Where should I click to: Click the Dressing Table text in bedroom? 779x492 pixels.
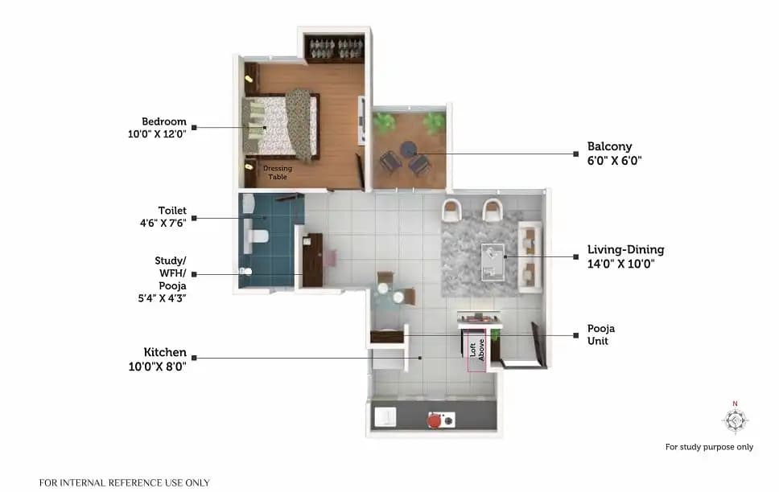coord(278,172)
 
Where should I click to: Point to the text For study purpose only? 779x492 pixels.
coord(709,447)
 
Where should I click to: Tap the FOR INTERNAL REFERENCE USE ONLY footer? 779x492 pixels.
coord(125,482)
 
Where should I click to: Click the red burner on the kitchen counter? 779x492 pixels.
coord(435,419)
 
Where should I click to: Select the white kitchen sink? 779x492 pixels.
coord(388,416)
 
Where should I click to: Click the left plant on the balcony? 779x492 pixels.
coord(384,121)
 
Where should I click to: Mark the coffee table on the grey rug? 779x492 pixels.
coord(493,260)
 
